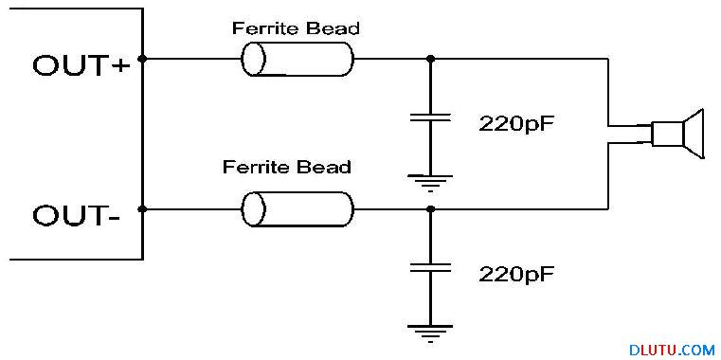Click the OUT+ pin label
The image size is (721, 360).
[81, 65]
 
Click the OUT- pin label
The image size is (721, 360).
[77, 215]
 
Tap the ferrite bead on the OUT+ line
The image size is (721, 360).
[297, 59]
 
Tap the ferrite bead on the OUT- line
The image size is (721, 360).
[297, 209]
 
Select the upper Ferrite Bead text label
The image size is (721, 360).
[296, 28]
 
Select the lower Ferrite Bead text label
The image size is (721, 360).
[287, 167]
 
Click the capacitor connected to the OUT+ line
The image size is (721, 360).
[430, 117]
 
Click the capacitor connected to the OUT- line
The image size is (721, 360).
[430, 267]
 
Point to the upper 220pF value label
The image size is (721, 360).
[515, 123]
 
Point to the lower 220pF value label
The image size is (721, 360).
[515, 274]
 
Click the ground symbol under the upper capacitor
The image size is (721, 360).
[430, 183]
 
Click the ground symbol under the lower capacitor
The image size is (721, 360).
[430, 333]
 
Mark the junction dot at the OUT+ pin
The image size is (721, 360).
[143, 59]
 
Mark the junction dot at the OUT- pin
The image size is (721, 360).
[143, 209]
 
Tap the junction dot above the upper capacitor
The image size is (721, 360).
[430, 59]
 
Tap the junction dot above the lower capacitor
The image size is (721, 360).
[430, 209]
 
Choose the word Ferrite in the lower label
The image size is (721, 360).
[255, 167]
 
